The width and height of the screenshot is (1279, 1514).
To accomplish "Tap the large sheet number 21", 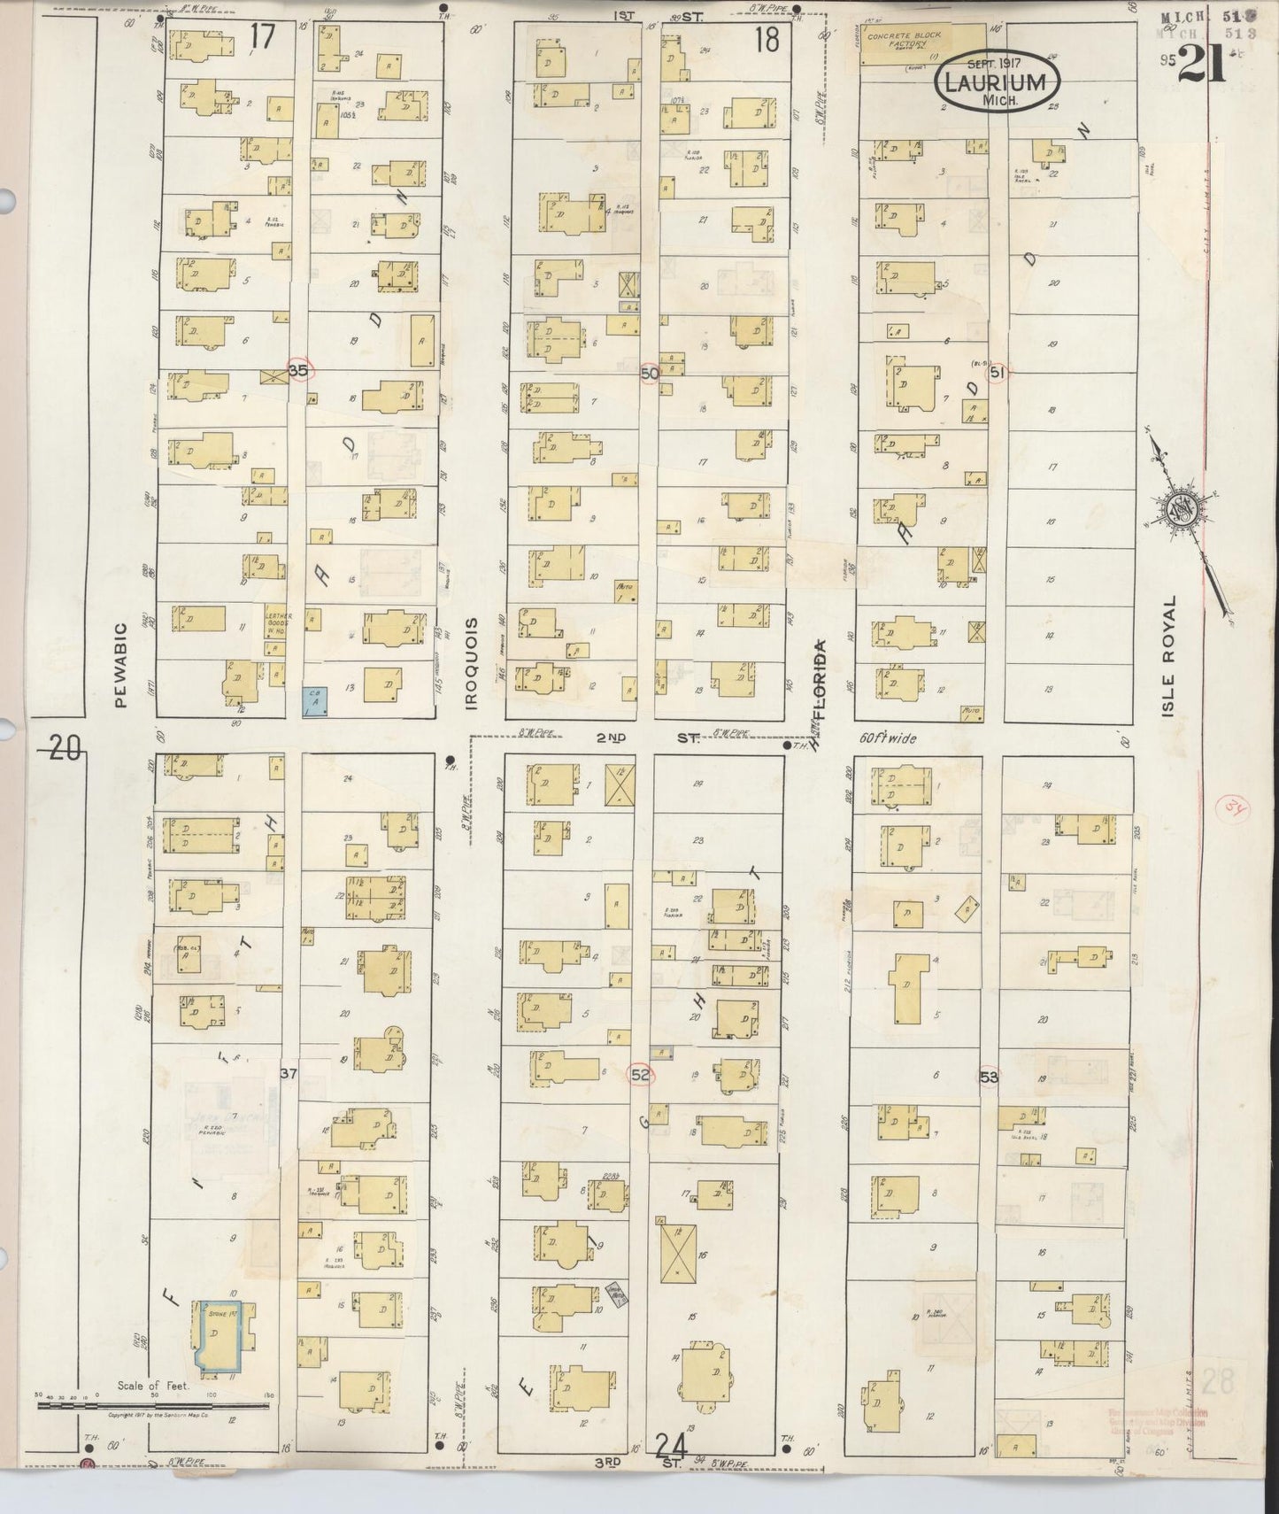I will [1201, 63].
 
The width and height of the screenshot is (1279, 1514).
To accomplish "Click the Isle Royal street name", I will [1169, 655].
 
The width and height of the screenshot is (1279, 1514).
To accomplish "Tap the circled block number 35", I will [298, 371].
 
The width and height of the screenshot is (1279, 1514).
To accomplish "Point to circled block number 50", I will [650, 374].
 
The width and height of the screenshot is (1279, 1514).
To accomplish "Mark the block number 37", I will [289, 1073].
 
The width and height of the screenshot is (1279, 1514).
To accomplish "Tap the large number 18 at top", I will [766, 40].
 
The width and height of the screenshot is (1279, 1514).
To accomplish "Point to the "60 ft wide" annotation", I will [888, 738].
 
